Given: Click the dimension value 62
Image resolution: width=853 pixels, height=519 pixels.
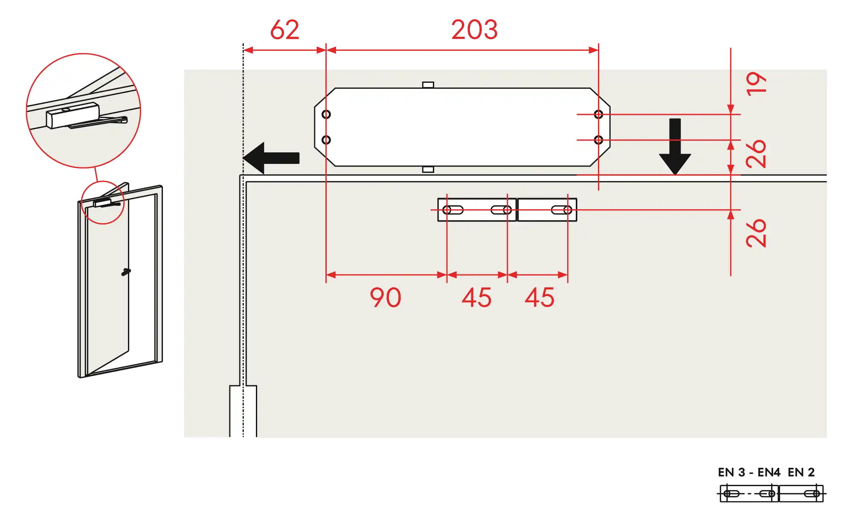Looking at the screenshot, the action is (x=285, y=30).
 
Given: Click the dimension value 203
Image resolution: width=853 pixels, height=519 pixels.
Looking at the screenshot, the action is (x=474, y=30).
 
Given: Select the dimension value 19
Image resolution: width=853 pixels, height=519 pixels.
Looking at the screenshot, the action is (x=756, y=84).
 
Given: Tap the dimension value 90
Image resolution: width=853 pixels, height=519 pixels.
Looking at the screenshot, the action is (x=386, y=297).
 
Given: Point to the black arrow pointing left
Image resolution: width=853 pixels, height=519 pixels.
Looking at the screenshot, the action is (x=271, y=158).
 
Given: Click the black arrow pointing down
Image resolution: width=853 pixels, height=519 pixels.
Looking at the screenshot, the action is (x=675, y=146).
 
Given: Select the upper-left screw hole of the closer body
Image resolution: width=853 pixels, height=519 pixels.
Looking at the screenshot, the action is (x=326, y=114).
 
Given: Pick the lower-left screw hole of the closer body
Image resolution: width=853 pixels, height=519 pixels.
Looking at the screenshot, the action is (x=326, y=140).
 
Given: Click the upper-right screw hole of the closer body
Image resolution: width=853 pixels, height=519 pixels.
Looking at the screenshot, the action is (x=598, y=114).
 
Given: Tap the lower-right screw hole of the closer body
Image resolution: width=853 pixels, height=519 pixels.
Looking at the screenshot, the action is (x=598, y=140).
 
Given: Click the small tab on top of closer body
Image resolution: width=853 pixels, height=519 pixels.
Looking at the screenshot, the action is (x=428, y=85).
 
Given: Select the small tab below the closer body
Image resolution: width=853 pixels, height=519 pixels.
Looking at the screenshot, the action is (x=428, y=169).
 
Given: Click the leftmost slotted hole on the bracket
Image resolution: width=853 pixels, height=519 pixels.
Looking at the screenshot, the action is (x=453, y=210).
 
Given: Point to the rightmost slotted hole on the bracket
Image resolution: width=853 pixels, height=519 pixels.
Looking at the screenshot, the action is (x=562, y=210).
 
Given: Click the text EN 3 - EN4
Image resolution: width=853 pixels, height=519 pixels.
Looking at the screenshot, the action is (x=749, y=472).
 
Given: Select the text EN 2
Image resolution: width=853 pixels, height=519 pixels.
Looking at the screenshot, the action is (x=801, y=472).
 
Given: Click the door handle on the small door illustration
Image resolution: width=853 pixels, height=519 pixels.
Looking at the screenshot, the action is (x=126, y=271).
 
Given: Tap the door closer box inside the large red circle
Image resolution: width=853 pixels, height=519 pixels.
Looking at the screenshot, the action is (x=73, y=115).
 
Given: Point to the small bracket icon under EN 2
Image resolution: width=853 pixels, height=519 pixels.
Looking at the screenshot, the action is (x=801, y=494).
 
